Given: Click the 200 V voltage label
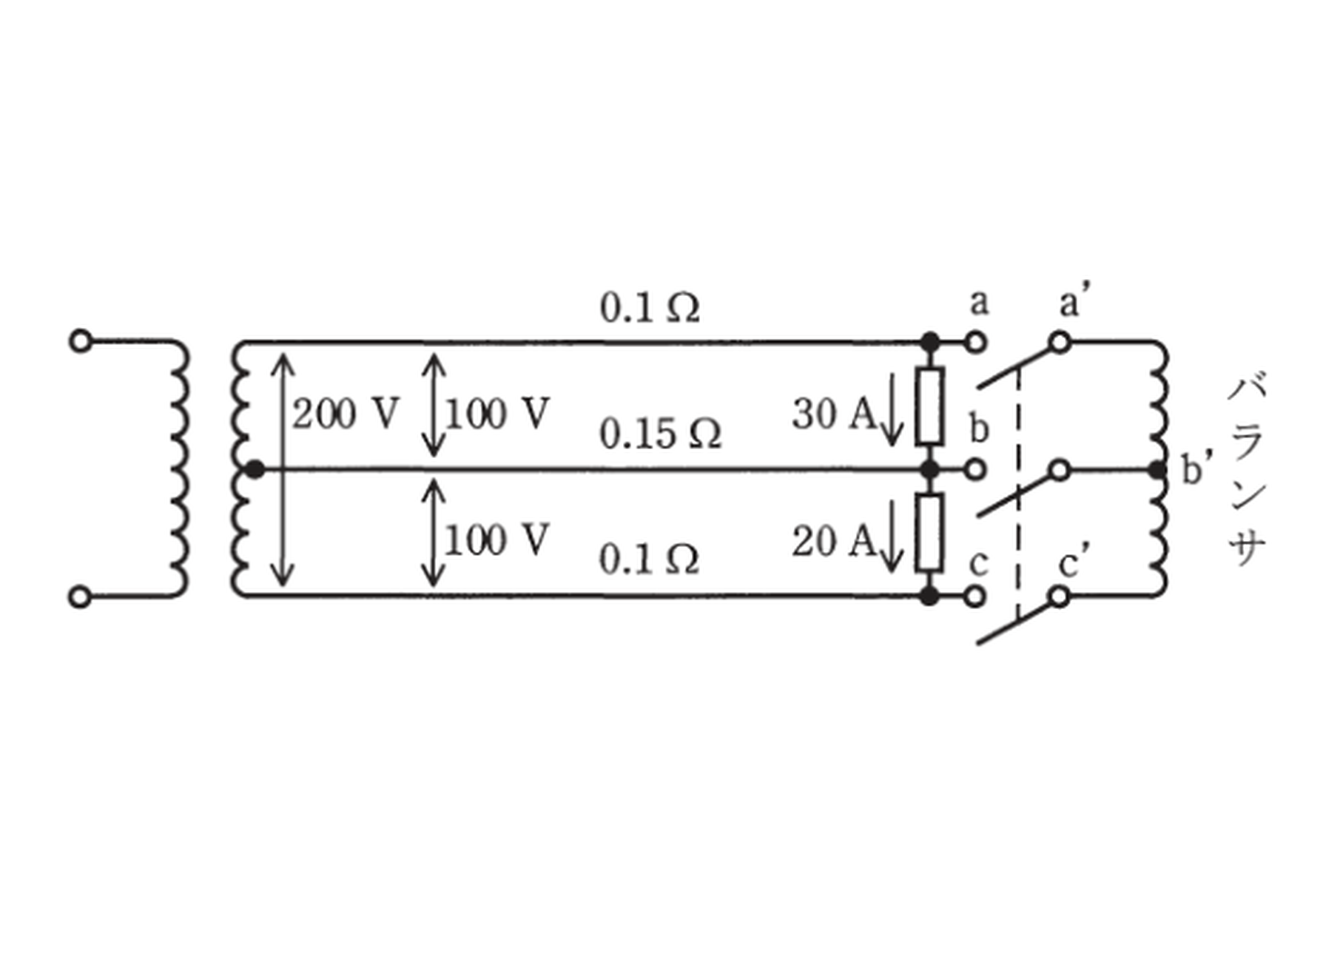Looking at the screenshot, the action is coord(346,413).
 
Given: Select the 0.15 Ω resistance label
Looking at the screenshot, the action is coord(660,434).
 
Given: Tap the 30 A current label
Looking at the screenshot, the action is coord(834,414).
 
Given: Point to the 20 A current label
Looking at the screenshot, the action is coord(834,541).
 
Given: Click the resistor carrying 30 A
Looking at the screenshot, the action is coord(929,406).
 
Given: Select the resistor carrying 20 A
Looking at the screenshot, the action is coord(929,533).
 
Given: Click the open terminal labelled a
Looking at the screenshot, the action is coord(977,342).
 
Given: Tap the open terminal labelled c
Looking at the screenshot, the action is coord(977,596).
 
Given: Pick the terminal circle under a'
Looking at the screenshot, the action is coord(1060,342).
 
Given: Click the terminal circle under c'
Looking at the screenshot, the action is coord(1060,596).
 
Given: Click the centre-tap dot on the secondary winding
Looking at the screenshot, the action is coord(255,469).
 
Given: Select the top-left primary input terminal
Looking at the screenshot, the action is coord(81,342).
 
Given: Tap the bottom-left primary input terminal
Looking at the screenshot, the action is coord(81,596).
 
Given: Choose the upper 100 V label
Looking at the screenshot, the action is coord(496,413).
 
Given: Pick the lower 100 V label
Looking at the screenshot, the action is coord(496,540).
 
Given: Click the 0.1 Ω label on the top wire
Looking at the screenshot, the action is coord(649,307).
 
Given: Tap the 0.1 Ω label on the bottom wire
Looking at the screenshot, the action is coord(649,559).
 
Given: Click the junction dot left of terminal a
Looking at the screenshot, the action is coord(930,342).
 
